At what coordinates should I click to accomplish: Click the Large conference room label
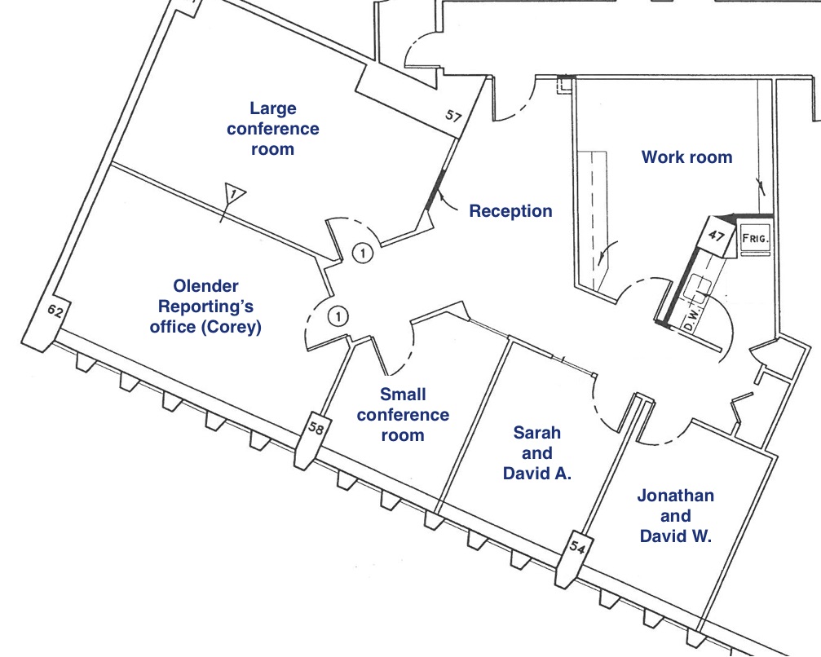point(272,129)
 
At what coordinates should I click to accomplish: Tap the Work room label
point(686,157)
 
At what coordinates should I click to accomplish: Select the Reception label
point(510,211)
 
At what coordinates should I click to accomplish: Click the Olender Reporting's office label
point(206,306)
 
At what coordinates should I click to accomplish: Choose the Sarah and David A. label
point(536,453)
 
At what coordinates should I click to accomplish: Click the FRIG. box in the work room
point(754,239)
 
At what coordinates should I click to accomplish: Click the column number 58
point(316,427)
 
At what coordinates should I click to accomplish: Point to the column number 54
point(576,545)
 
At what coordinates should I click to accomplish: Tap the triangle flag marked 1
point(233,195)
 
